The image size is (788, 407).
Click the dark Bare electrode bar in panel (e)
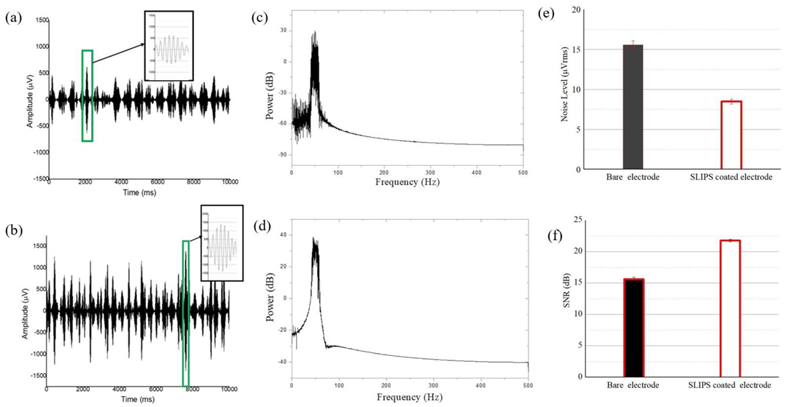click(633, 107)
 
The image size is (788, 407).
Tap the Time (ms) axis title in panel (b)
click(139, 400)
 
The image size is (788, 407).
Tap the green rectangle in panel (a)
click(87, 95)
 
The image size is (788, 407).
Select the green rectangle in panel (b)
click(186, 313)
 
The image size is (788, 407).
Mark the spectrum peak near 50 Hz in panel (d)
click(314, 239)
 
